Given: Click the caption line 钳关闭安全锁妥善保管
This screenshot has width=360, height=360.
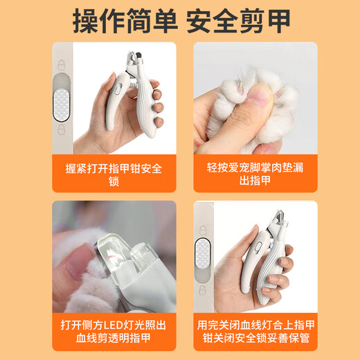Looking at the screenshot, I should coord(254,341).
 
